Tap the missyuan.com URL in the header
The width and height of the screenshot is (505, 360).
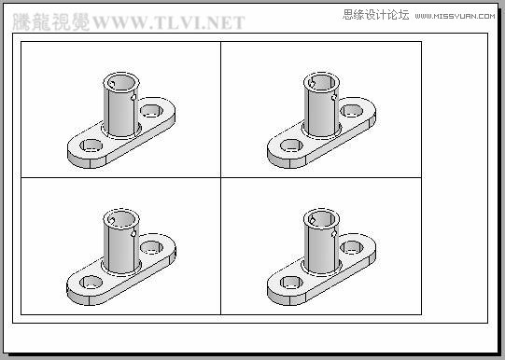click(457, 16)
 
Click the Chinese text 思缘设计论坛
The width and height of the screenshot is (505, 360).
click(375, 16)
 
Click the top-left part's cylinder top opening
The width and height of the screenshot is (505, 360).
click(119, 80)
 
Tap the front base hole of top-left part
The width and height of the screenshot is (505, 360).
click(91, 146)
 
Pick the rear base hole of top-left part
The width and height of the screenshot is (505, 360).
click(151, 112)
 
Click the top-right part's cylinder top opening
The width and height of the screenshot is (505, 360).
click(320, 81)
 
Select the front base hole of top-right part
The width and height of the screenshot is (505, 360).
click(293, 146)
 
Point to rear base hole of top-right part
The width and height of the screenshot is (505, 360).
click(352, 112)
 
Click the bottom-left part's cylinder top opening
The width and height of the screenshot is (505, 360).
click(119, 217)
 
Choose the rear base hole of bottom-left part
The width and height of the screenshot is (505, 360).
click(151, 248)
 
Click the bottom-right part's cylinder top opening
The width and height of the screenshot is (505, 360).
click(320, 217)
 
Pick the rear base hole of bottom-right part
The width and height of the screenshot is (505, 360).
click(352, 248)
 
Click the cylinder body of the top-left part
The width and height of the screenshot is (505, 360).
click(119, 110)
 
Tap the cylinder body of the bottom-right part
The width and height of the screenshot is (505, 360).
click(319, 247)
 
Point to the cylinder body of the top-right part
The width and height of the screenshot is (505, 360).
click(319, 110)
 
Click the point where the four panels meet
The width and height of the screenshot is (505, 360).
click(220, 177)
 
